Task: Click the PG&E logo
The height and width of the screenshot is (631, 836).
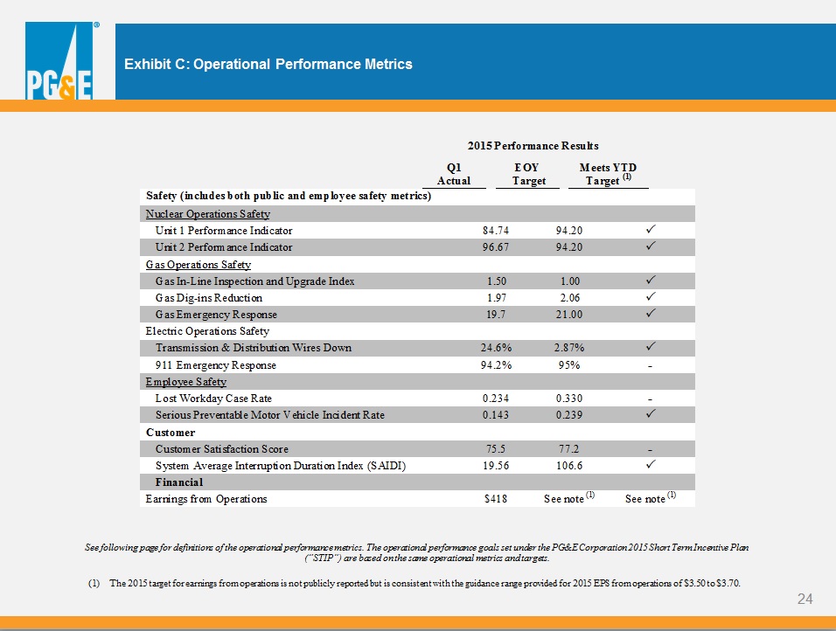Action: pos(59,61)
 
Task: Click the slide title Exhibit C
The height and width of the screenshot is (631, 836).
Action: pos(268,65)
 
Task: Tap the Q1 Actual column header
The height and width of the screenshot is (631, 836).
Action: pos(454,174)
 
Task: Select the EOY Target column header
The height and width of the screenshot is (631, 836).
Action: pos(528,174)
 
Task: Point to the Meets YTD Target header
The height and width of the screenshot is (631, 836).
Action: pos(608,174)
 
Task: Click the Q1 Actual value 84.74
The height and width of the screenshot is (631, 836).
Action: pos(496,231)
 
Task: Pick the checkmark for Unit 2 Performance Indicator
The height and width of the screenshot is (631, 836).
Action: pos(651,246)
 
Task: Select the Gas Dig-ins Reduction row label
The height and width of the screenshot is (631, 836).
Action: pos(209,298)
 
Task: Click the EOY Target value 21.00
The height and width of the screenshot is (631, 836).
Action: pos(569,315)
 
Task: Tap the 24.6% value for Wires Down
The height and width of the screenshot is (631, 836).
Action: pos(497,348)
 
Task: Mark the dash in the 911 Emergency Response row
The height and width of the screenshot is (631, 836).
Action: pos(651,366)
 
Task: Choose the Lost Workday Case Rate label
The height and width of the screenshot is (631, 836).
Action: pos(213,399)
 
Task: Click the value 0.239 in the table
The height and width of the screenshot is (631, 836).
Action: pos(569,415)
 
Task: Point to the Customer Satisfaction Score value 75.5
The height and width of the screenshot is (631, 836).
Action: pos(496,449)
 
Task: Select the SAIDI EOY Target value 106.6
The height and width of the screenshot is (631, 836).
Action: pos(569,466)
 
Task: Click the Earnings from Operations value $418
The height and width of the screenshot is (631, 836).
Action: pos(496,499)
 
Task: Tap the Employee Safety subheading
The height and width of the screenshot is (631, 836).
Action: pos(186,382)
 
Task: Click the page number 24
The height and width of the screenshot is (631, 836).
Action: pos(805,599)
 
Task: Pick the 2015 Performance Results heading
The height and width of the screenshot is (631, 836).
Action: pos(533,145)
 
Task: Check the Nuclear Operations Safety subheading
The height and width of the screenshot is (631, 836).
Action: pos(208,214)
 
